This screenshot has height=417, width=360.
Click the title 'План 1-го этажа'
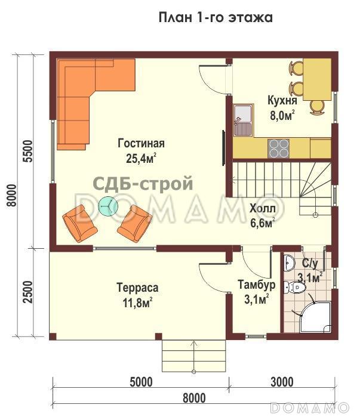point(216,17)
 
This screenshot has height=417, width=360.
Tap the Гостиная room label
point(141,144)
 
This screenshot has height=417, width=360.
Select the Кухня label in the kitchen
point(282,100)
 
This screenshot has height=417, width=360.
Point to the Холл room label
point(262,208)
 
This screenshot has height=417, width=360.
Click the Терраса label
point(137,288)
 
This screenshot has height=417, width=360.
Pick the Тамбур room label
point(257,285)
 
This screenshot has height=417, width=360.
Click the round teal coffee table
point(108,206)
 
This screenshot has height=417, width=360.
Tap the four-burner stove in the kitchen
point(278,149)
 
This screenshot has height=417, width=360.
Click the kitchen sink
point(243,120)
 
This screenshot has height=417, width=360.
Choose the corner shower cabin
point(315,317)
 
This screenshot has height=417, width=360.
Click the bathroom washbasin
point(289,262)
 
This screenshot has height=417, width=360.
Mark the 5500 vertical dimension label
point(27,151)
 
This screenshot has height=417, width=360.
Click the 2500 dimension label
point(27,292)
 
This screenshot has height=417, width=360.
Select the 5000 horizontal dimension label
point(141,382)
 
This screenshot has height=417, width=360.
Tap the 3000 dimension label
point(282,382)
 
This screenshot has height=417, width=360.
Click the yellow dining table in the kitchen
point(317,79)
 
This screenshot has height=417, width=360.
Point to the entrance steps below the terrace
point(194,356)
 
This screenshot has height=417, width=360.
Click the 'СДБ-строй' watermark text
point(143,184)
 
